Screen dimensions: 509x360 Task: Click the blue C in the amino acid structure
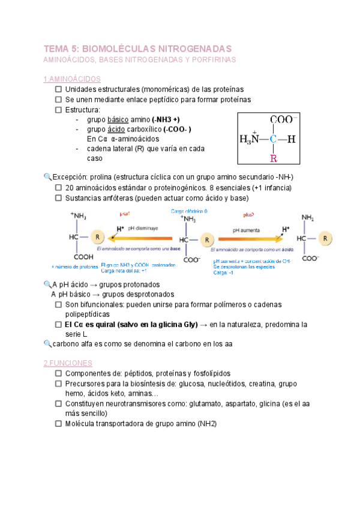pos(274,139)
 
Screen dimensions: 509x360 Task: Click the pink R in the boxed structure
pos(274,158)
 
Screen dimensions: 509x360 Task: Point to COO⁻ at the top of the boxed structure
pos(285,120)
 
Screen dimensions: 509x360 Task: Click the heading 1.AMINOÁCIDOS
pos(72,79)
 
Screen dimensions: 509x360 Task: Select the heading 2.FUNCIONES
pos(68,363)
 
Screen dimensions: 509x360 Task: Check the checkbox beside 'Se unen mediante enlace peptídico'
pos(58,100)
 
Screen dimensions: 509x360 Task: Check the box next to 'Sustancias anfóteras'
pos(58,197)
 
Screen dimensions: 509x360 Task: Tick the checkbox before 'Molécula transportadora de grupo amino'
pos(58,423)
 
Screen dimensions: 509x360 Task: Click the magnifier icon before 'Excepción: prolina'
pos(47,177)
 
